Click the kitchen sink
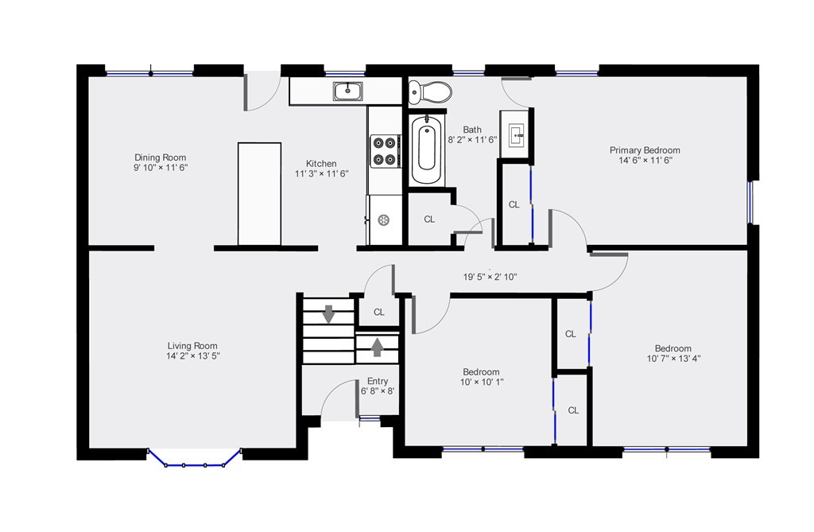[348, 91]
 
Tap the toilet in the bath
[429, 92]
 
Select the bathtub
[427, 150]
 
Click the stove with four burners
[385, 150]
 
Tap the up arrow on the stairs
[377, 346]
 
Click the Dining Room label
[160, 157]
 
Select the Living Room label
[192, 346]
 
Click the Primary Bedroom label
[645, 150]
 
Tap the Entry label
[378, 382]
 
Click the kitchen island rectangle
[259, 194]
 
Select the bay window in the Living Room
[195, 460]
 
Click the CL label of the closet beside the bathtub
[429, 219]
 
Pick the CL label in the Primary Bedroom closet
[514, 204]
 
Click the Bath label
[472, 130]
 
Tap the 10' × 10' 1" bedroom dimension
[481, 382]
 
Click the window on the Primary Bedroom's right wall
[750, 204]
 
